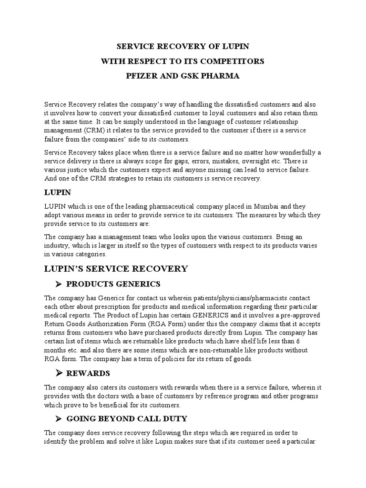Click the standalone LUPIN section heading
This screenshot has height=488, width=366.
(57, 192)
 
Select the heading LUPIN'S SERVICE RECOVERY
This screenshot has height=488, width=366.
(116, 269)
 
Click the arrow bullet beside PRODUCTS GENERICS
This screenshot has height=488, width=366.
(59, 285)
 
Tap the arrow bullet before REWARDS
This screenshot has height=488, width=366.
(59, 373)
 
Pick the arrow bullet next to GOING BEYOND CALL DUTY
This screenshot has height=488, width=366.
(59, 419)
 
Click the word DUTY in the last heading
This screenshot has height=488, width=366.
(173, 419)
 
